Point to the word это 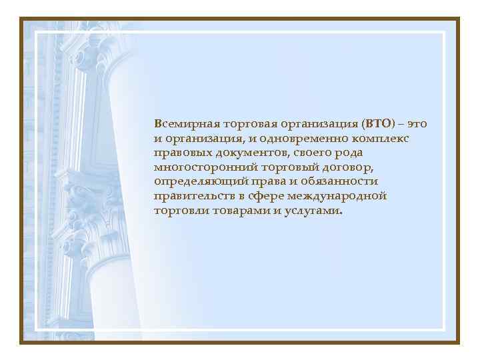(x=416, y=124)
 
